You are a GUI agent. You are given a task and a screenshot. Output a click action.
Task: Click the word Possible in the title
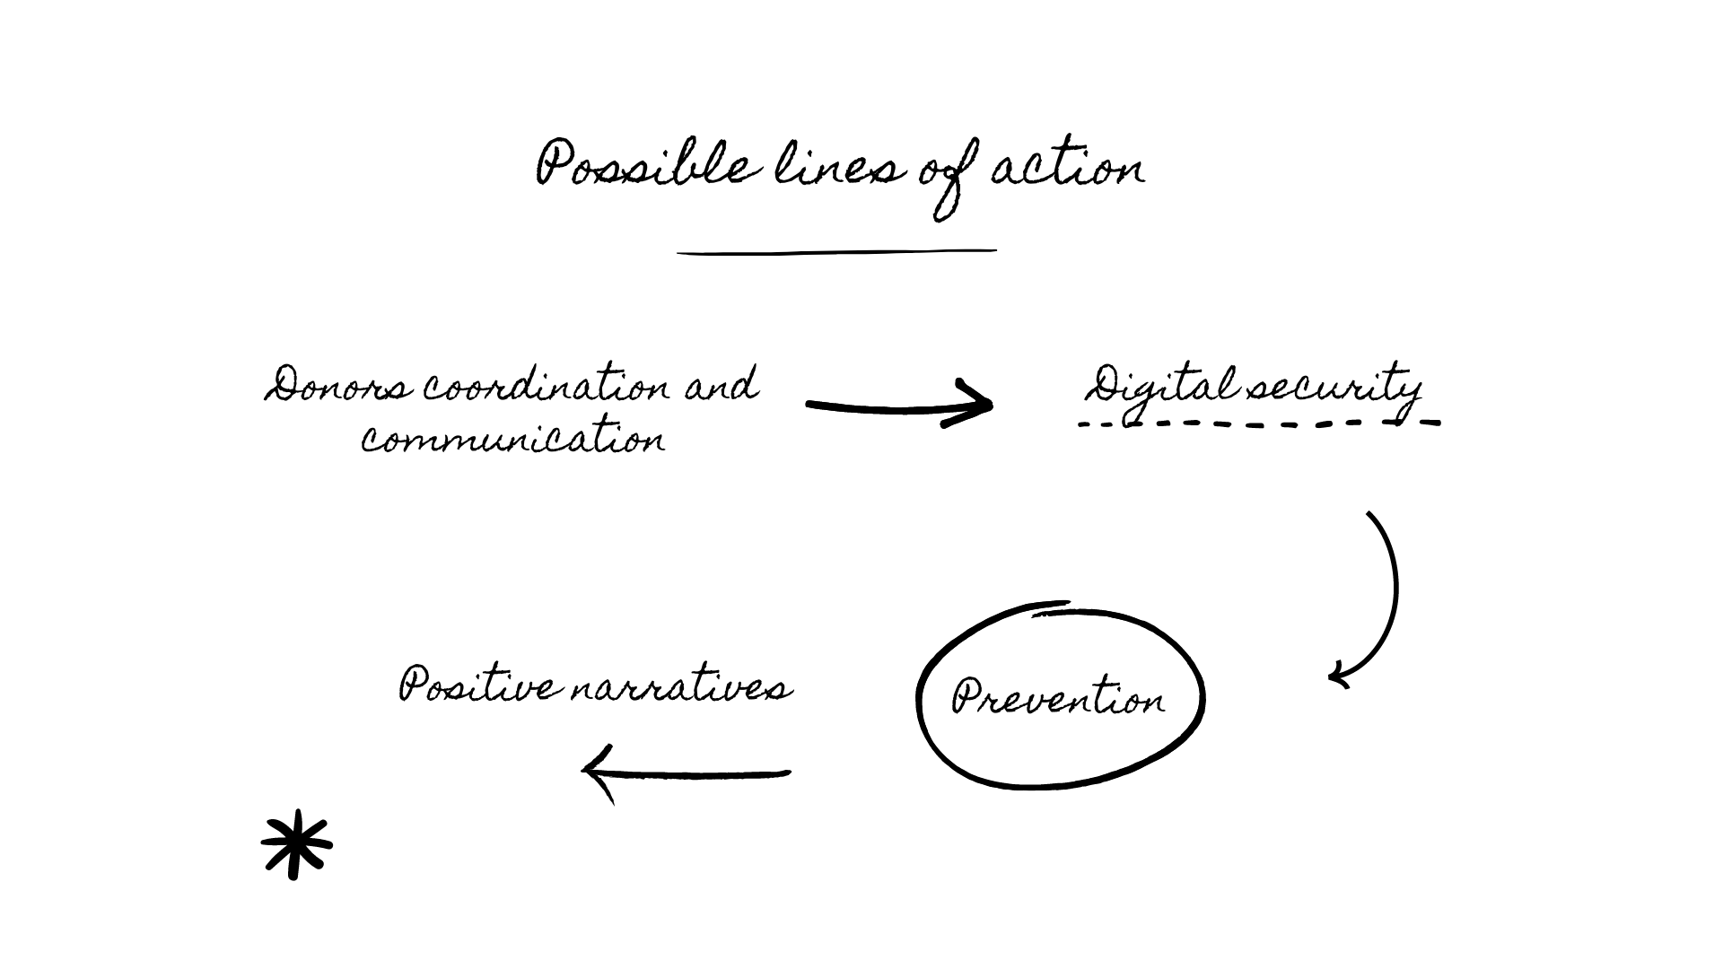pos(642,166)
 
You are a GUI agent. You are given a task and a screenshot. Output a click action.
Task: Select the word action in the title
pos(1068,168)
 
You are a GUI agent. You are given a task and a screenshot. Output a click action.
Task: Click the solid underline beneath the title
pos(836,252)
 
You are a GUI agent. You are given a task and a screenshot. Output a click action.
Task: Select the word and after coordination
pos(722,386)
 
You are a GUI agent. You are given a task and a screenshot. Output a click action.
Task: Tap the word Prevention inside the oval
pos(1059,698)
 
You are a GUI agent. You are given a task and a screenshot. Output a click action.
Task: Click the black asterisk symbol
pos(296,845)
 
